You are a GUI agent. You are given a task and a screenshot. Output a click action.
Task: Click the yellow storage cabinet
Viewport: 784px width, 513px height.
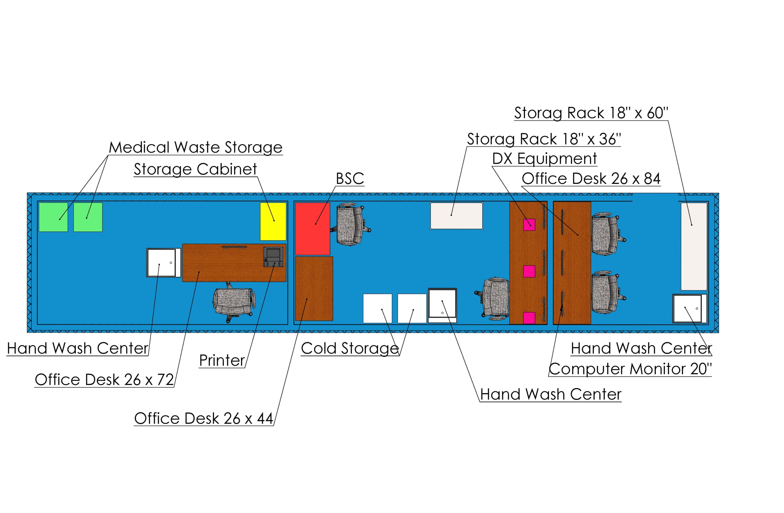[273, 222]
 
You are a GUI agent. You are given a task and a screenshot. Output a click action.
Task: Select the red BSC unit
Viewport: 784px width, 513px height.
[313, 229]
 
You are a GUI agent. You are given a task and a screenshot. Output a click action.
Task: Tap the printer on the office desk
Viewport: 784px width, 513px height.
[273, 257]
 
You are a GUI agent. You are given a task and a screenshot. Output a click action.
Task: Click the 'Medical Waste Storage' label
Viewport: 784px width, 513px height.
[196, 147]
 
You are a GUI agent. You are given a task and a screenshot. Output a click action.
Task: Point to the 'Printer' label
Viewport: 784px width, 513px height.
[222, 360]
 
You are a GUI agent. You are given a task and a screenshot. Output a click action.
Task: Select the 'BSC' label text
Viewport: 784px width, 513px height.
[350, 179]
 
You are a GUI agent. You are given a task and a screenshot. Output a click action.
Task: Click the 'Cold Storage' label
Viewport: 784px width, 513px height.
[350, 348]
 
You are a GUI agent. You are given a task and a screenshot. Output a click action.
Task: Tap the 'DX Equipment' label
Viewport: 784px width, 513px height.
[545, 158]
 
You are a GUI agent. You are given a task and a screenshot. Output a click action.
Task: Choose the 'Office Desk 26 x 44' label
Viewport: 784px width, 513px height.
[204, 418]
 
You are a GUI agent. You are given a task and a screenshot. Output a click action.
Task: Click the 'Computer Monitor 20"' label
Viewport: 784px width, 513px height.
[630, 369]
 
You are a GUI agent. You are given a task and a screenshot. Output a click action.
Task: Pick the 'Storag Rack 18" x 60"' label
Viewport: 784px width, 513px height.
[591, 113]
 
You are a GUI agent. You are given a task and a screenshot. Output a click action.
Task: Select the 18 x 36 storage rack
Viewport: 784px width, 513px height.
[457, 216]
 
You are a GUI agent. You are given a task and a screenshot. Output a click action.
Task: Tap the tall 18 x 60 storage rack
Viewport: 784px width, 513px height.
[694, 247]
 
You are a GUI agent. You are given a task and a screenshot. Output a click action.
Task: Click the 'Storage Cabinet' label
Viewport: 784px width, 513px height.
[195, 169]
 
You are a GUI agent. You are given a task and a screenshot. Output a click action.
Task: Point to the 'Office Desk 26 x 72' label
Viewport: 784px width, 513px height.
[104, 380]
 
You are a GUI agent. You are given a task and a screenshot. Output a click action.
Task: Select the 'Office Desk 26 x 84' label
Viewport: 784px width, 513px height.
[591, 179]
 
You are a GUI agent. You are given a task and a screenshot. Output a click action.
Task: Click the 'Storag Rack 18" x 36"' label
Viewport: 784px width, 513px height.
[544, 139]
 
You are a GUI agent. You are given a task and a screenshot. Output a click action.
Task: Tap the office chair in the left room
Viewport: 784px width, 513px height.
[234, 302]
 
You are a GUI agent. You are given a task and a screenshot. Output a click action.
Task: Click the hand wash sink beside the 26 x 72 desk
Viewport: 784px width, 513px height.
[164, 263]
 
